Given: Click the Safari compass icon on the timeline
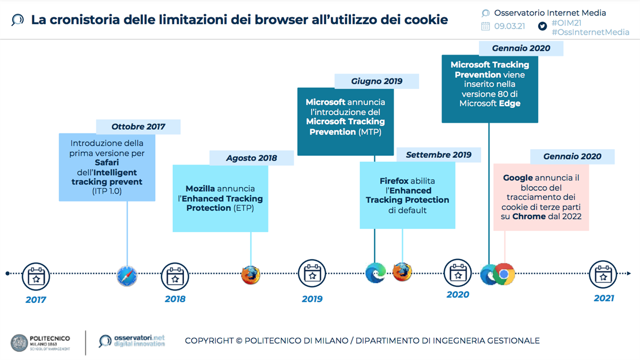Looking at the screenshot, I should pos(127,275).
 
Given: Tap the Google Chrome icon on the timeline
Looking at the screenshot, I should pos(504,274).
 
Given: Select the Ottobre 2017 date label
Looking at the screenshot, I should pos(138,127).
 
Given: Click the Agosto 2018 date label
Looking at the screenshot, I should pos(252,158).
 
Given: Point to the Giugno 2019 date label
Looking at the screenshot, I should pos(377,81).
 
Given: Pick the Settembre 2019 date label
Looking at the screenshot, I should pos(438,155).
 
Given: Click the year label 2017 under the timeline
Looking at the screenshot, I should pos(36,300).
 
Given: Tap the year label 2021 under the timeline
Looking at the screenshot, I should pos(604,299).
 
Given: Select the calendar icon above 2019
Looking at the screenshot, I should pos(311,275).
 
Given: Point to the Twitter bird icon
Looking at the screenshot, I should pos(542,26).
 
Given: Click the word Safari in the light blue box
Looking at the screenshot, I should pos(107,163).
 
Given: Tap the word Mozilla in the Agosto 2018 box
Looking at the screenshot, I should pos(200,189).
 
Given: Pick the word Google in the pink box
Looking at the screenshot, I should pos(518,178).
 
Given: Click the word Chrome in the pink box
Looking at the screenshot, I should pos(529,217).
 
